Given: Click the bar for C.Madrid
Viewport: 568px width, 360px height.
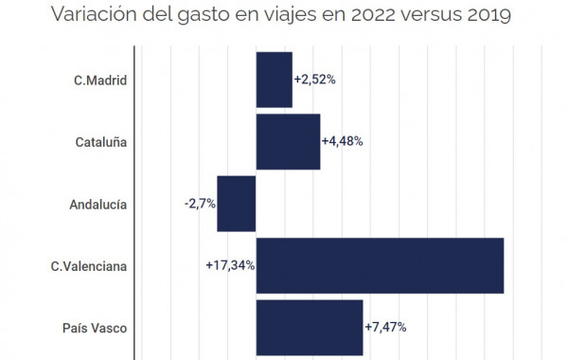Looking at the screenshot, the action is [x=275, y=80].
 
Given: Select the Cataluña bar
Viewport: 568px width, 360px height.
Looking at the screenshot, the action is [x=289, y=142].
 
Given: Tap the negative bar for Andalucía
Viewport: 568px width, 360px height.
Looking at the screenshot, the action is [x=236, y=204].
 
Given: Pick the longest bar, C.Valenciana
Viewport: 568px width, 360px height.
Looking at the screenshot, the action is [x=380, y=266].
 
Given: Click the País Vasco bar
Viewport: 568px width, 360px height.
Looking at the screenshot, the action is [x=310, y=328].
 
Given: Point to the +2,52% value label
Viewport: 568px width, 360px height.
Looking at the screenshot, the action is [x=315, y=80].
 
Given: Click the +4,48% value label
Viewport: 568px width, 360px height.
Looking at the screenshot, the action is [x=343, y=141].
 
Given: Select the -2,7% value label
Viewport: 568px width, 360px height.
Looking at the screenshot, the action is [x=200, y=204].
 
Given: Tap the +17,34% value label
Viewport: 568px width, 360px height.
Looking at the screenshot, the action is [x=230, y=265].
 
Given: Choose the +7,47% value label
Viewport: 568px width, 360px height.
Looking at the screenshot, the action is [x=385, y=327].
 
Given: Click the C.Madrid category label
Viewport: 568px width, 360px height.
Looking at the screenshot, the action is [x=100, y=81].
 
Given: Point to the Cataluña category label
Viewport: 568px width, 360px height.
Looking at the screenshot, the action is [x=101, y=142].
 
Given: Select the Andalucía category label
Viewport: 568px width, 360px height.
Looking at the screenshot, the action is [x=98, y=205].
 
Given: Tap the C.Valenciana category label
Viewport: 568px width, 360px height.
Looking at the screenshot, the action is [x=89, y=266].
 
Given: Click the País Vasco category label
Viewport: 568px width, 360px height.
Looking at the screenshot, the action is [x=95, y=328].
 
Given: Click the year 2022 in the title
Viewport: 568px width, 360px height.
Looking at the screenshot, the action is [x=373, y=15].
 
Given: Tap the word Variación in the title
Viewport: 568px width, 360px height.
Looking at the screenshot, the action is [x=94, y=14].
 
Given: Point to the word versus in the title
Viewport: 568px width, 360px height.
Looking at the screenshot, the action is [x=432, y=16].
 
